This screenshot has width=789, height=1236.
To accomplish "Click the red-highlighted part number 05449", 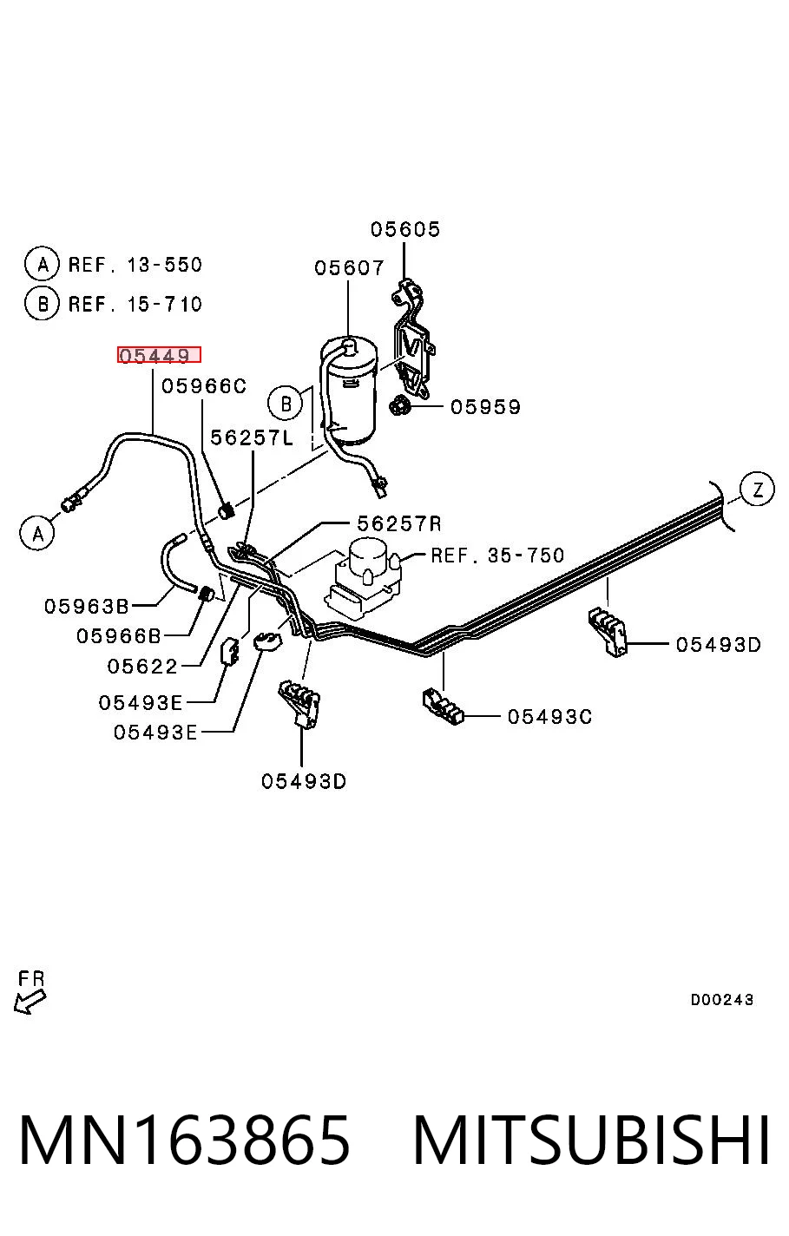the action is (159, 355).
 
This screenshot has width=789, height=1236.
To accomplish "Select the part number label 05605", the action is (405, 229).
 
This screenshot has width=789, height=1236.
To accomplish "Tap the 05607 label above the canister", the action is (349, 268).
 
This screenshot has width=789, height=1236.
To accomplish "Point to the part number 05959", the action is (485, 407).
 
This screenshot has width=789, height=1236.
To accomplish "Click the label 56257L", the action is (252, 437).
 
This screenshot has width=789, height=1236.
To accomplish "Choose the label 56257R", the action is (399, 523).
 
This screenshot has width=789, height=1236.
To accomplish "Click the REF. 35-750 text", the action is (497, 556).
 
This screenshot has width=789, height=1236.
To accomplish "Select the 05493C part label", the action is (549, 717).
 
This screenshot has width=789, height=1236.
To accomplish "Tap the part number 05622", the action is (141, 667).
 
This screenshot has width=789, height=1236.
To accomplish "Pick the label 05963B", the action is (86, 607).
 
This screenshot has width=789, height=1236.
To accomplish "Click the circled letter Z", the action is (758, 490).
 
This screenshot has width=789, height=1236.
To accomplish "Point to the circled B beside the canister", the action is (286, 404).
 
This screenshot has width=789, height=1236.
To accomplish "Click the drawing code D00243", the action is (721, 999).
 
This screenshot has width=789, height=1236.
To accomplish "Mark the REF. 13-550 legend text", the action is (135, 265).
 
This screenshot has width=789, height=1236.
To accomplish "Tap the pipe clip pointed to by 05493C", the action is (443, 707).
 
